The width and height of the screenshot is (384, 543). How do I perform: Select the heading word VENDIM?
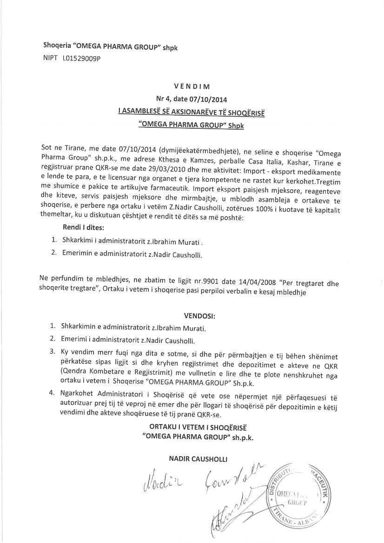pos(192,86)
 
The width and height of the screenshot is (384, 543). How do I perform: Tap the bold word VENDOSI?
pos(199,316)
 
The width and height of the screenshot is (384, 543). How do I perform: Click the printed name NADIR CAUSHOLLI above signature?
pos(199,459)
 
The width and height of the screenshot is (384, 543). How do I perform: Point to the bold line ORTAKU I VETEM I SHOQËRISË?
pos(199,427)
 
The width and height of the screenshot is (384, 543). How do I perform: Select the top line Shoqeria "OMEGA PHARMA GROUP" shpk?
pos(110,47)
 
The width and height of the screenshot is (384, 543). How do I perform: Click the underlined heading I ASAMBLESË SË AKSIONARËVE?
pos(192,112)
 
